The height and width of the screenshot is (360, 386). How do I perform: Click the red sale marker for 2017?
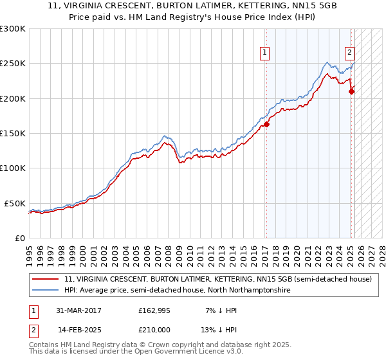tap(266, 125)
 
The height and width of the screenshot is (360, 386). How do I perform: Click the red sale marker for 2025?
tap(351, 92)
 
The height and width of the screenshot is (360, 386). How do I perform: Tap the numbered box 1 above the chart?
tap(265, 53)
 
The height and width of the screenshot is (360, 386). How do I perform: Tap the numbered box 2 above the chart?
tap(349, 53)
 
